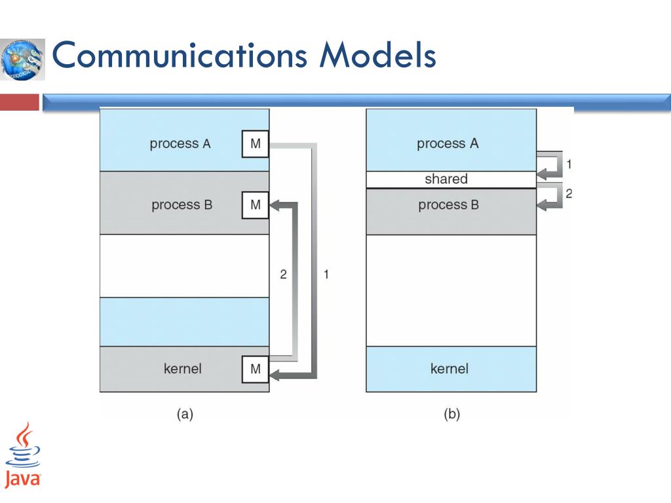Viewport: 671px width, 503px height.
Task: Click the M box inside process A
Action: pos(256,144)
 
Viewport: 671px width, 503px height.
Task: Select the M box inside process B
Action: pos(256,205)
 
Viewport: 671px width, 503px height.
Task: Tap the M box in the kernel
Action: pos(256,369)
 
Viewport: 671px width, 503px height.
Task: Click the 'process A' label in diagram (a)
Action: pos(180,144)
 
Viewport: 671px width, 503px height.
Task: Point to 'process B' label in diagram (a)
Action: pos(182,205)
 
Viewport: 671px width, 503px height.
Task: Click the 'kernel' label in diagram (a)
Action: pos(182,369)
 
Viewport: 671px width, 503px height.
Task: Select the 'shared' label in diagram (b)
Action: pos(446,179)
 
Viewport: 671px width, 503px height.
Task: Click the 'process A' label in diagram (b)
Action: pos(448,144)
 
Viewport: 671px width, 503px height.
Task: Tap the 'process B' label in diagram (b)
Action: pos(449,205)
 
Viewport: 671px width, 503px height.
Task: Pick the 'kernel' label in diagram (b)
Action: pos(450,369)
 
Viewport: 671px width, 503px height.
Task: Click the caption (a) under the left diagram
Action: pos(184,414)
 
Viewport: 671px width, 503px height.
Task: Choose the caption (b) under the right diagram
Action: pos(451,414)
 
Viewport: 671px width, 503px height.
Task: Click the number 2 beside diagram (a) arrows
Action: pos(284,274)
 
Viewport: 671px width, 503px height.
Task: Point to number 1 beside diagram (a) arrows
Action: pos(326,274)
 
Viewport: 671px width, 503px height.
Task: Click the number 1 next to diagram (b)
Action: pos(568,164)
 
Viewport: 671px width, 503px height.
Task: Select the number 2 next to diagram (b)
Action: pos(568,194)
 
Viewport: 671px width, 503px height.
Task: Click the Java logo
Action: pos(23,454)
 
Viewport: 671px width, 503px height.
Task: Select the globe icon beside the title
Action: pos(23,59)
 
